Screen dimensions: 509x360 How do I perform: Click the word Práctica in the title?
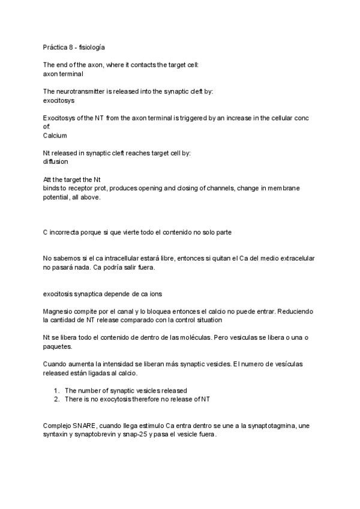tap(55, 47)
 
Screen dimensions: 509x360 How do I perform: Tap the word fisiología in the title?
tap(92, 47)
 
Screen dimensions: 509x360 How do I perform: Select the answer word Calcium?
tap(55, 136)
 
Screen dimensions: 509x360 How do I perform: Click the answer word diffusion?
tap(55, 161)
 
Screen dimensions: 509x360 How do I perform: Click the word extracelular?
tap(296, 258)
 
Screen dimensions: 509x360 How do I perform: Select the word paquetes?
tap(58, 346)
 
